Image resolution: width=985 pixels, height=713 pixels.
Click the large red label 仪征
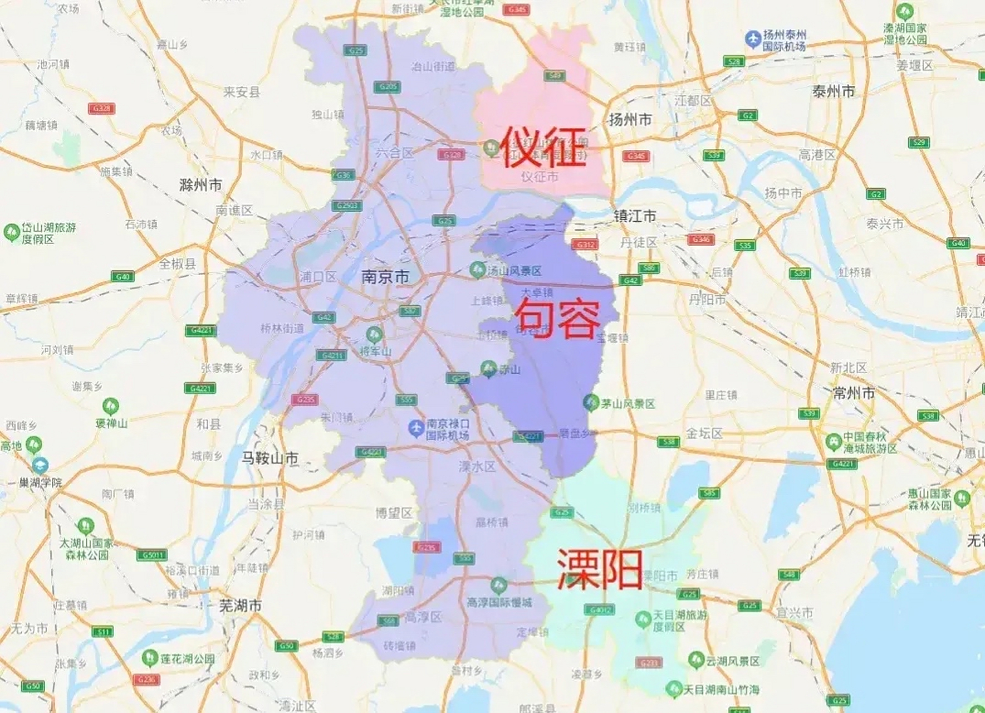coord(543,146)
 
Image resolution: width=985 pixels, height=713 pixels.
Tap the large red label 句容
coord(557,319)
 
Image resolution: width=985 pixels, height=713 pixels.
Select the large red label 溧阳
coord(600,569)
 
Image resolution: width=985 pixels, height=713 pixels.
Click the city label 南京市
coord(385,277)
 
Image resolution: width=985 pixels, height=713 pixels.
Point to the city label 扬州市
coord(630,119)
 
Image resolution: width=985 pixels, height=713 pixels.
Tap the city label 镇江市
coord(635,216)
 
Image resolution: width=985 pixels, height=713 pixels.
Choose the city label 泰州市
coord(833,92)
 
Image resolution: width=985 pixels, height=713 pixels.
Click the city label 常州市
coord(854,393)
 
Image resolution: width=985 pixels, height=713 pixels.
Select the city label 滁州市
coord(201,185)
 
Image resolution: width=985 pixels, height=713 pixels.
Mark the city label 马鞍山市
coord(269,458)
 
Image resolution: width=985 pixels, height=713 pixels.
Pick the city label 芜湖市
coord(240,605)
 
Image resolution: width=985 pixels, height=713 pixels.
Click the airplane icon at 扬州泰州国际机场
coord(753,39)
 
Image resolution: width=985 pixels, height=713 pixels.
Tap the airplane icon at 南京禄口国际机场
coord(416,428)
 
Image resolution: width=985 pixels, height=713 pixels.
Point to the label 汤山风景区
coord(514,271)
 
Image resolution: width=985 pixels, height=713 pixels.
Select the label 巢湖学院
coord(41,482)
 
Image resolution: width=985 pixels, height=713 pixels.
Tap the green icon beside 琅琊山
coord(110,406)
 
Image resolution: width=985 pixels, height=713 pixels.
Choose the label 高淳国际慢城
coord(499,602)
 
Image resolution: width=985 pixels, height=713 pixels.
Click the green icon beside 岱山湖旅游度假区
coord(11,232)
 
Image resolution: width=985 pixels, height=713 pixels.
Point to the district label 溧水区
coord(477,467)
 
